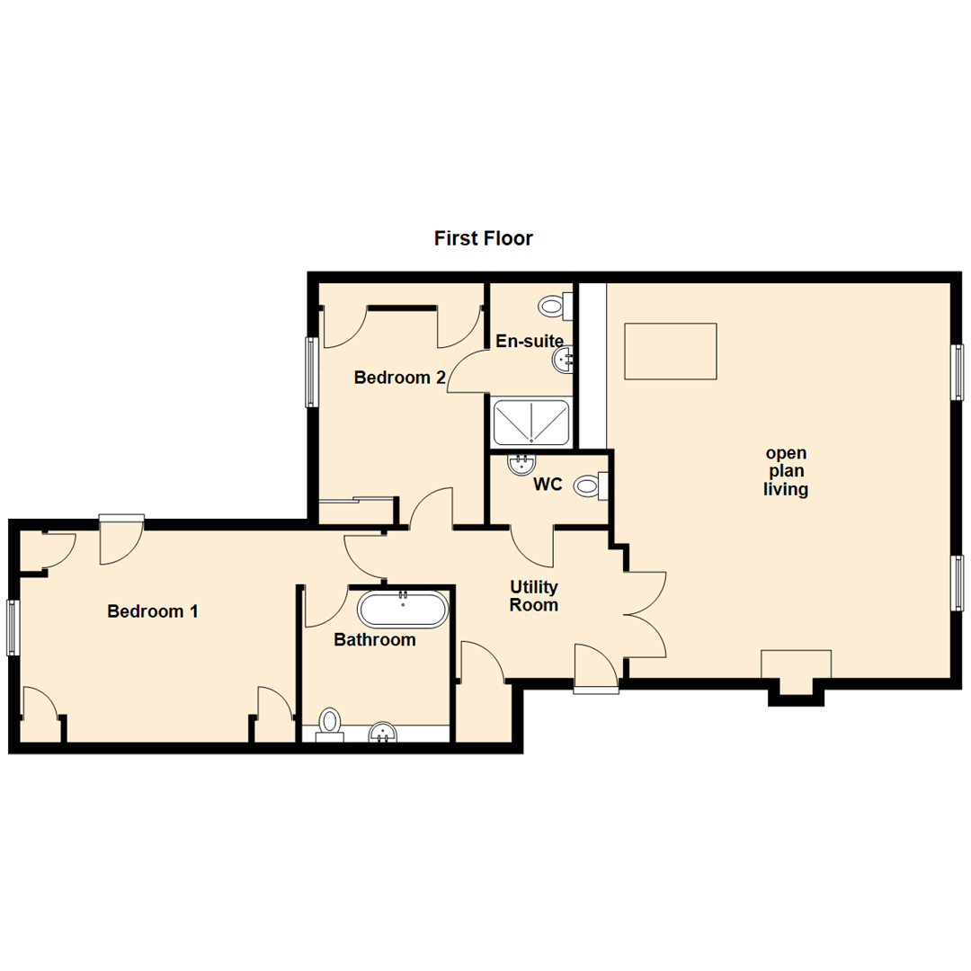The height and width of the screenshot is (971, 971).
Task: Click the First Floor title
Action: (x=484, y=238)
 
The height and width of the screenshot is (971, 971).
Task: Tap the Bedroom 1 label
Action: (x=153, y=611)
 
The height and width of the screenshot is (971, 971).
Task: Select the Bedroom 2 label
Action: (x=400, y=378)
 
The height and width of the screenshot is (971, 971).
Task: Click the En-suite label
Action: (x=530, y=342)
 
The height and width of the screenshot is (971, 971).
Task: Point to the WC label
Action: (x=548, y=485)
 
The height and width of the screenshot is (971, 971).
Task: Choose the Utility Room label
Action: (x=534, y=596)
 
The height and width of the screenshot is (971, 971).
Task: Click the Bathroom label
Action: (x=375, y=640)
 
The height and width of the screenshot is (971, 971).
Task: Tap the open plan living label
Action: (x=786, y=471)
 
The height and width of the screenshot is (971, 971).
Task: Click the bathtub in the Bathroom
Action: (x=402, y=610)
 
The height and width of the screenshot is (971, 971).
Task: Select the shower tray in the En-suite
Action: (x=531, y=422)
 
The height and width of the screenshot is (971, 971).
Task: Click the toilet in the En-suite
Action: (x=555, y=307)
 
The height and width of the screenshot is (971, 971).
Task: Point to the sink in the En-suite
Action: (x=565, y=361)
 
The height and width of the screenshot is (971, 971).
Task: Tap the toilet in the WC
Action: (x=590, y=486)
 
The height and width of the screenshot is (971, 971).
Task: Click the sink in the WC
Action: (x=521, y=464)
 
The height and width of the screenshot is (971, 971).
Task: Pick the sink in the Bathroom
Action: (x=385, y=734)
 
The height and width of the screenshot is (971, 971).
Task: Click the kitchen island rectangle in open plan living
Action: (x=671, y=352)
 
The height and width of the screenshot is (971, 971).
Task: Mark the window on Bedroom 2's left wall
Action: (x=311, y=371)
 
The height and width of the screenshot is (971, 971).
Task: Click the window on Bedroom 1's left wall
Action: (x=13, y=628)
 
